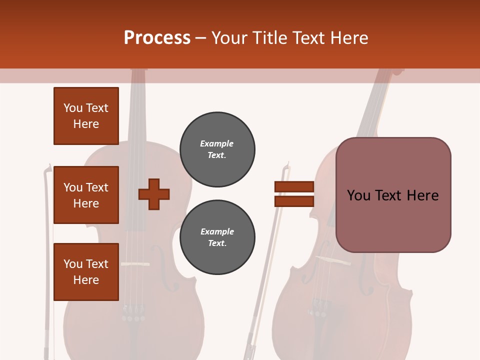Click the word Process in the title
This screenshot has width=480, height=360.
pos(157,38)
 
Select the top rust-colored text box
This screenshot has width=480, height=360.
pos(86,116)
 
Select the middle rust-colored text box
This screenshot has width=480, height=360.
pos(86,195)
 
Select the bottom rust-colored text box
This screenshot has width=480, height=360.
pos(86,271)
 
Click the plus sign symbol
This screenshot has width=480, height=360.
pos(154,194)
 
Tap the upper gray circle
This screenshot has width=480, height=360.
pos(217,149)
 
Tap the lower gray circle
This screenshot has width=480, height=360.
pos(217,237)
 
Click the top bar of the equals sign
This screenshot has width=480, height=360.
pos(294,187)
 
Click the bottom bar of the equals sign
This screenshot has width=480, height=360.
pos(294,201)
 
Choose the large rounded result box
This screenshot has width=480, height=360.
pos(393,195)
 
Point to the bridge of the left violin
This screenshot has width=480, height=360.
pos(135,263)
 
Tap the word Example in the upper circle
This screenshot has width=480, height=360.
pos(217,143)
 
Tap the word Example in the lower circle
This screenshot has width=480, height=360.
pos(217,231)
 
